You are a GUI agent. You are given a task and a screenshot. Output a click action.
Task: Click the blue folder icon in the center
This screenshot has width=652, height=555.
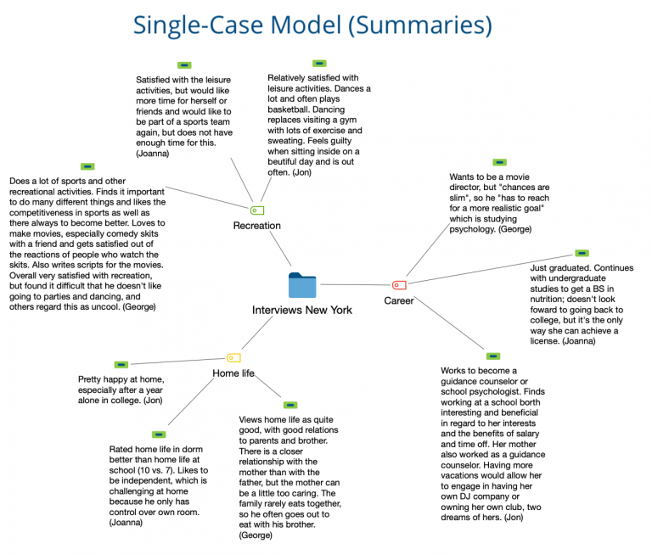(301, 285)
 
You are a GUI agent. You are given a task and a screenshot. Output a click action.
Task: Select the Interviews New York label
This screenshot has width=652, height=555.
(301, 310)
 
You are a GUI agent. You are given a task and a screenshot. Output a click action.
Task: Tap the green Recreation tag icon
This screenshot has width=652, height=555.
(257, 210)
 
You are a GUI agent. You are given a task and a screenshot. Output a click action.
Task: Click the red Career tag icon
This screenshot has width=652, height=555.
(399, 285)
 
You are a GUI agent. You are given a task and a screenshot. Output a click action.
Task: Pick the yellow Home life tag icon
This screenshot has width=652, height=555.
(233, 358)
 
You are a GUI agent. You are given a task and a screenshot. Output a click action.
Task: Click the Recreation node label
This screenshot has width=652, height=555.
(256, 226)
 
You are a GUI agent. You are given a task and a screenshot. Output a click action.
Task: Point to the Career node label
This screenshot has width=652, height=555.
(399, 300)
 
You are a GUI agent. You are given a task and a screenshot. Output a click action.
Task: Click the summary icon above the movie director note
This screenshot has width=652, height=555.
(499, 162)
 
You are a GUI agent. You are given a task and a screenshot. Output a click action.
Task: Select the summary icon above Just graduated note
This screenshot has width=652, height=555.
(582, 253)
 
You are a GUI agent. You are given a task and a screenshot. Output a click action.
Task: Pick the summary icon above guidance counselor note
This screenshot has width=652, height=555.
(493, 356)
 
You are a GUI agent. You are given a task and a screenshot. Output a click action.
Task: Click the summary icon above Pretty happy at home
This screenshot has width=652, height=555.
(121, 364)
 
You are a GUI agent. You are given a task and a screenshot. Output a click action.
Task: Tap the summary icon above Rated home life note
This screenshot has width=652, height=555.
(158, 434)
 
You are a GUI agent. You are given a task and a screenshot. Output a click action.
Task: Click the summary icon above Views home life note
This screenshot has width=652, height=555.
(289, 405)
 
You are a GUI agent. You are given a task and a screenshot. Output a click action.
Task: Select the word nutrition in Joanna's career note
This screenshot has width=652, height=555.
(555, 300)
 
